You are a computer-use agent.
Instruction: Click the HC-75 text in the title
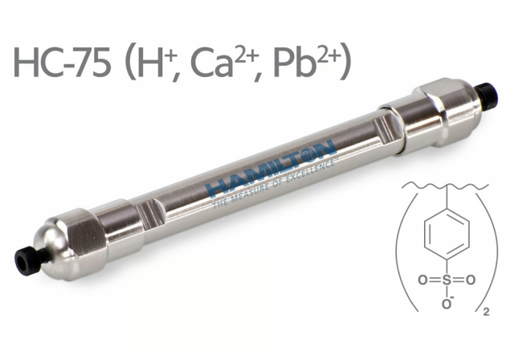tap(62, 61)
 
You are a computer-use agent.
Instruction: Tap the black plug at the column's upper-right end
tap(487, 95)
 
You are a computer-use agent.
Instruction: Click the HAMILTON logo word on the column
tap(271, 170)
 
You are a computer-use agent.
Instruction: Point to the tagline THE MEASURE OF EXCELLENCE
tap(274, 184)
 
